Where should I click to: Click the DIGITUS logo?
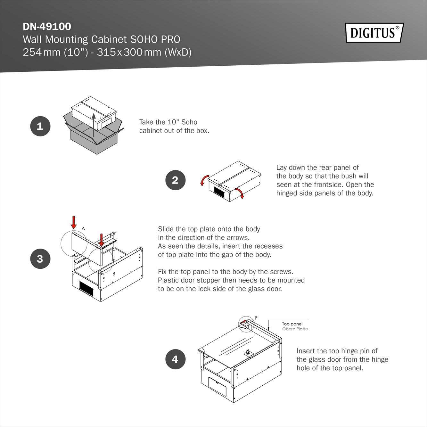(x=374, y=33)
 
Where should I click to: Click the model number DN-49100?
(x=47, y=27)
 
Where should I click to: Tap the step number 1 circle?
(x=40, y=126)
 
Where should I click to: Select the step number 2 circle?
(x=175, y=180)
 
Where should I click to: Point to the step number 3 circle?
(x=40, y=259)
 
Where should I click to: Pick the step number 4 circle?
(x=175, y=359)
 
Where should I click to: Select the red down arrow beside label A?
(x=74, y=222)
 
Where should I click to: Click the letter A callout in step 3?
(x=83, y=228)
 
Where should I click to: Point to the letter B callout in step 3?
(x=114, y=274)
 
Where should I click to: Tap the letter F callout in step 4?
(x=256, y=318)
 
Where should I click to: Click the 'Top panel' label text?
(x=292, y=324)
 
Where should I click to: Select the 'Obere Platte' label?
(x=295, y=329)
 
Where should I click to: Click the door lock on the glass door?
(x=248, y=353)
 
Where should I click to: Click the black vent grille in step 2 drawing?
(x=219, y=192)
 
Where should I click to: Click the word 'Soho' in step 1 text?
(x=189, y=122)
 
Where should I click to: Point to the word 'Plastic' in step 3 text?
(x=168, y=280)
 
